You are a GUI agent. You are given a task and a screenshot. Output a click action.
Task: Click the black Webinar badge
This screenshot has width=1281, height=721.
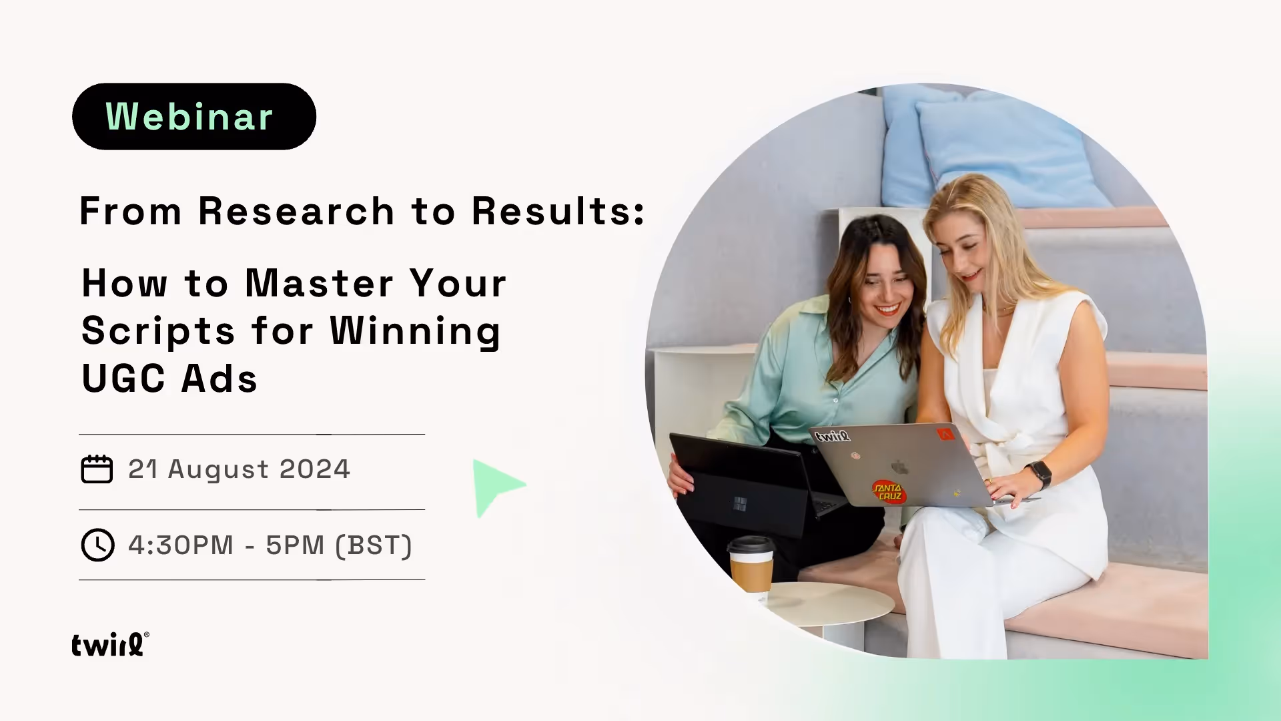click(193, 116)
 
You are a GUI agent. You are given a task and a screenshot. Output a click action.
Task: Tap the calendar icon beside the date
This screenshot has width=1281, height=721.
click(97, 469)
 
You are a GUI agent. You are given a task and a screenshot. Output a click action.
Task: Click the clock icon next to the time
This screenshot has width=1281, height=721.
click(97, 545)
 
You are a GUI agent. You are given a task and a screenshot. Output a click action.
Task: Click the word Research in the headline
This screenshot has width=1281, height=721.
click(296, 212)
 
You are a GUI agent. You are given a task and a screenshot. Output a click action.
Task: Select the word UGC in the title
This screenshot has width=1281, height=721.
click(123, 379)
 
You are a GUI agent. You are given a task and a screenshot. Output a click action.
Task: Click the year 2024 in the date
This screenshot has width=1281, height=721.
click(314, 469)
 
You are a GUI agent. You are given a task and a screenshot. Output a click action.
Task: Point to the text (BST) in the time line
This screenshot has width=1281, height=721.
click(373, 545)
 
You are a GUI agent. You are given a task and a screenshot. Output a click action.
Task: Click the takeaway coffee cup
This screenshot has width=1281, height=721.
click(751, 564)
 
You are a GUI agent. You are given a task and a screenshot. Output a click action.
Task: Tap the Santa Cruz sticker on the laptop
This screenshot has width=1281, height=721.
click(888, 491)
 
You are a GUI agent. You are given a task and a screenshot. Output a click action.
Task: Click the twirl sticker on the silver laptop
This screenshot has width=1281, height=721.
click(833, 436)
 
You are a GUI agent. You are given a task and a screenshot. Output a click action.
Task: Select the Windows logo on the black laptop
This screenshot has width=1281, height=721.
click(740, 503)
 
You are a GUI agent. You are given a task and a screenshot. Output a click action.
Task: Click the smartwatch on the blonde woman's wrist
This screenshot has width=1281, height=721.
click(1039, 474)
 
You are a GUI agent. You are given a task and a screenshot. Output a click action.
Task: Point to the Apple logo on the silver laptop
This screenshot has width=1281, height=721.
click(900, 466)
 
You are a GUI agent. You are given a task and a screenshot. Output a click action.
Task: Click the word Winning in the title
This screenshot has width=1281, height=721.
click(415, 331)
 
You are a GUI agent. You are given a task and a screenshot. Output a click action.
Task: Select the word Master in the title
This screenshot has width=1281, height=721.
click(319, 283)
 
